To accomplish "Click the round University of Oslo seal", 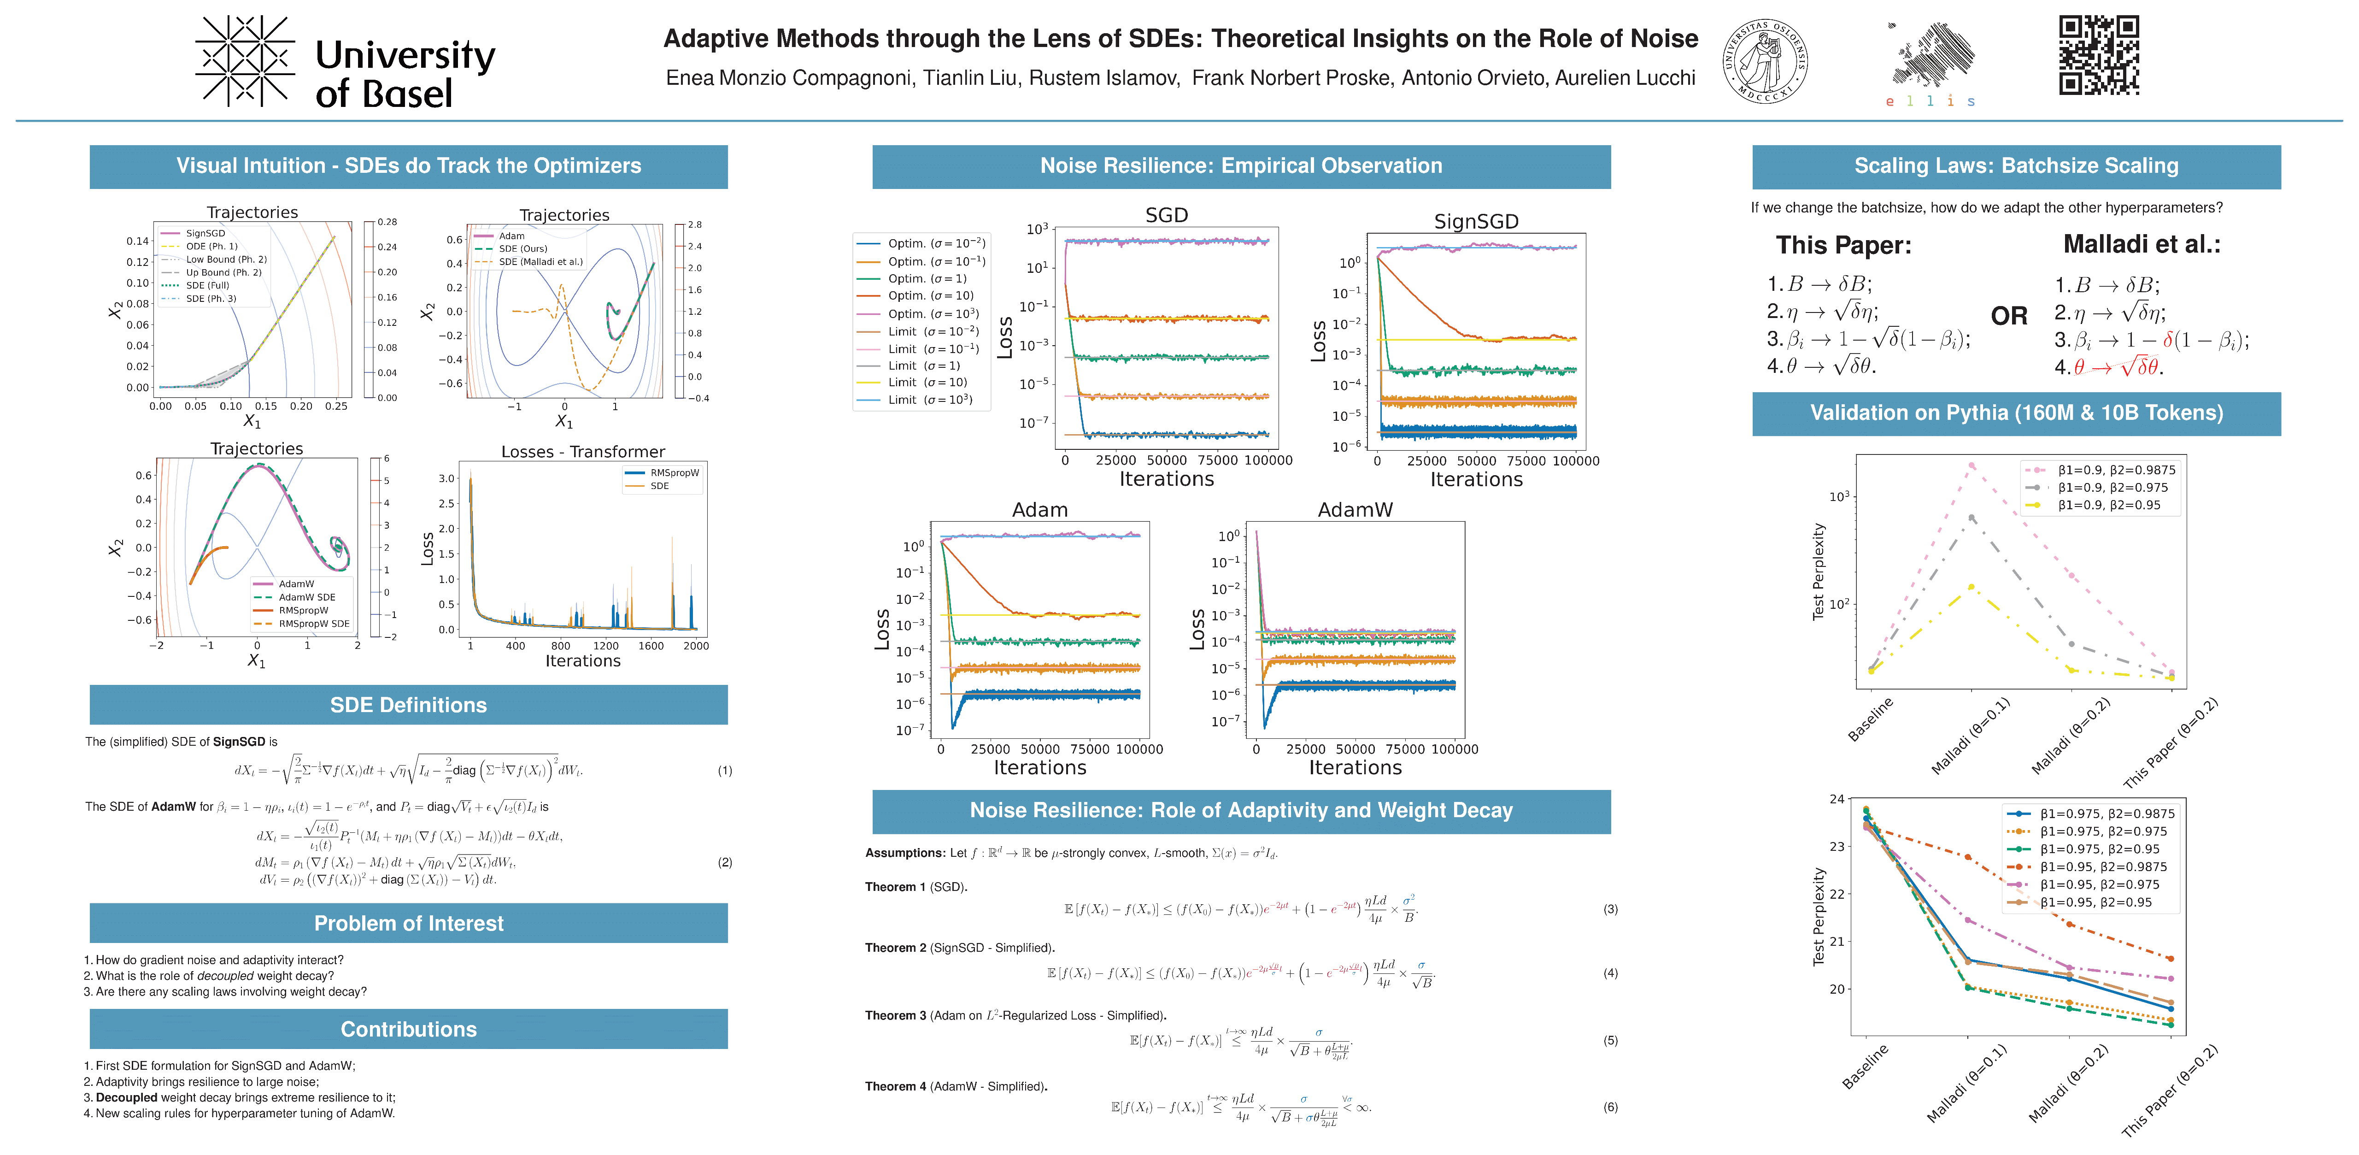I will tap(1765, 61).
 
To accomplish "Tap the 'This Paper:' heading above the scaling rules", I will tap(1843, 246).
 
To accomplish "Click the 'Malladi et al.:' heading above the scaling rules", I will tap(2141, 245).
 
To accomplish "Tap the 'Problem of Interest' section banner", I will tap(408, 923).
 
